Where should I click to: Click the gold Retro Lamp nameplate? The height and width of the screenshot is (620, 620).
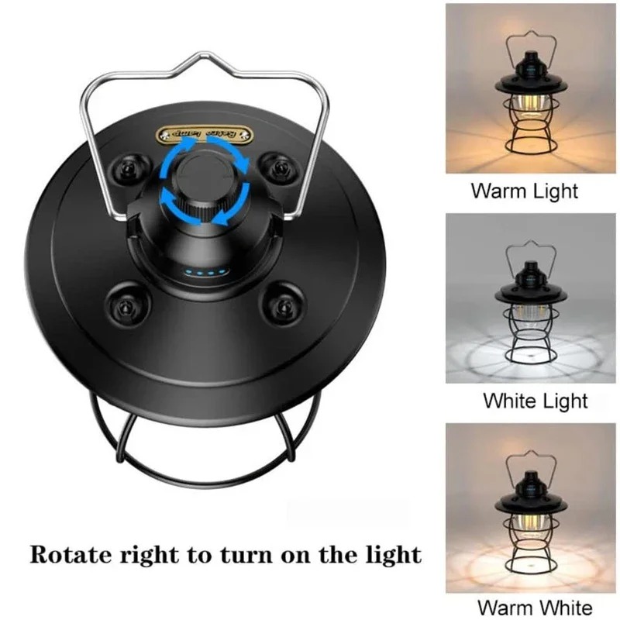point(205,133)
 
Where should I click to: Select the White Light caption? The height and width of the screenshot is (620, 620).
point(535,401)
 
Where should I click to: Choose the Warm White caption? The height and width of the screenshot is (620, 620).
point(534,608)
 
